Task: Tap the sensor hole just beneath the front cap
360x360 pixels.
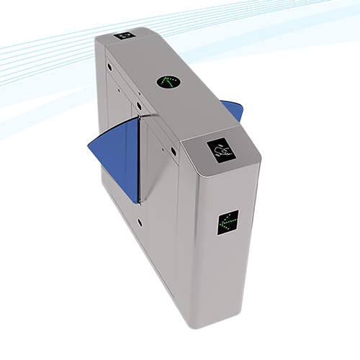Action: [174, 152]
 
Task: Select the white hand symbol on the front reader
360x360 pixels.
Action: [223, 150]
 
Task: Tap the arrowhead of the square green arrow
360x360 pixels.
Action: [222, 220]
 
